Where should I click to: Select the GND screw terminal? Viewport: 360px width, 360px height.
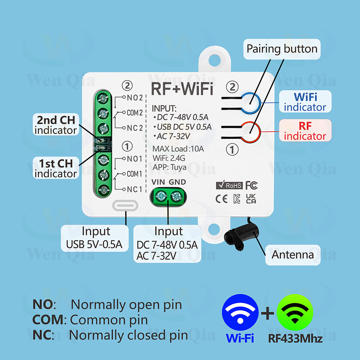pyautogui.click(x=176, y=196)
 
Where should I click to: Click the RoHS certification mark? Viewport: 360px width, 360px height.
pyautogui.click(x=229, y=186)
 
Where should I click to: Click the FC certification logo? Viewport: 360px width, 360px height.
pyautogui.click(x=252, y=186)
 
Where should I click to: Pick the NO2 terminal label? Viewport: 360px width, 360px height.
pyautogui.click(x=135, y=98)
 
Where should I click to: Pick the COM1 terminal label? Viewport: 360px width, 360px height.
pyautogui.click(x=135, y=174)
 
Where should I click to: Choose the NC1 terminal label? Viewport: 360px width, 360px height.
pyautogui.click(x=135, y=189)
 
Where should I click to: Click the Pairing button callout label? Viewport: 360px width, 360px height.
pyautogui.click(x=282, y=49)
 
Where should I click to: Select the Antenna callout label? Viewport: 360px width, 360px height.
pyautogui.click(x=293, y=255)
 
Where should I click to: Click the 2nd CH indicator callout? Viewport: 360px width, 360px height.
pyautogui.click(x=56, y=125)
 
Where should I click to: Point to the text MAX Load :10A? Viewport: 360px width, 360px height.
pyautogui.click(x=178, y=149)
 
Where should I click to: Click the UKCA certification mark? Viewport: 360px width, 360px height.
pyautogui.click(x=251, y=199)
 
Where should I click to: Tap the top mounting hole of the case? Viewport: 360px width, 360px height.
pyautogui.click(x=215, y=58)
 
